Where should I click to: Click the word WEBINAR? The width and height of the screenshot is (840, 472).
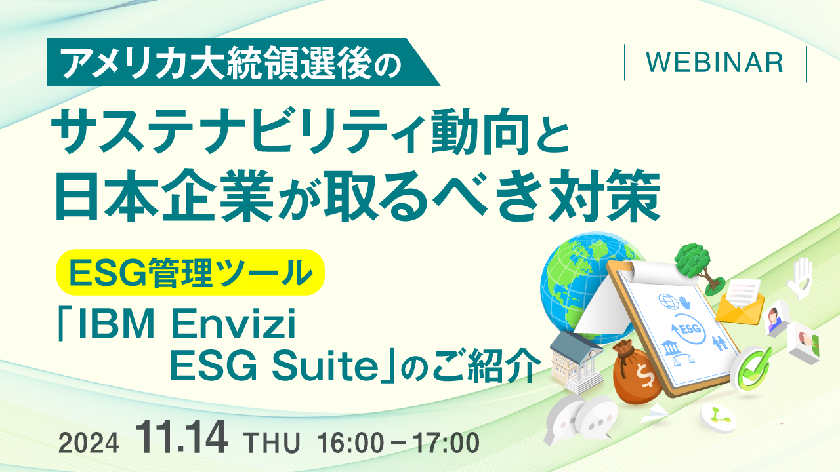[x=715, y=62]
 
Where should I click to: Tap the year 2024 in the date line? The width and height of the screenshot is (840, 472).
[x=89, y=443]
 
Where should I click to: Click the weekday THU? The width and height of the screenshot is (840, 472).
[x=272, y=443]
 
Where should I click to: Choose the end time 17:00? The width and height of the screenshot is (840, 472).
[x=446, y=443]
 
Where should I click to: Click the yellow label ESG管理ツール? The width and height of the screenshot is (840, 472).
[x=190, y=273]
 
